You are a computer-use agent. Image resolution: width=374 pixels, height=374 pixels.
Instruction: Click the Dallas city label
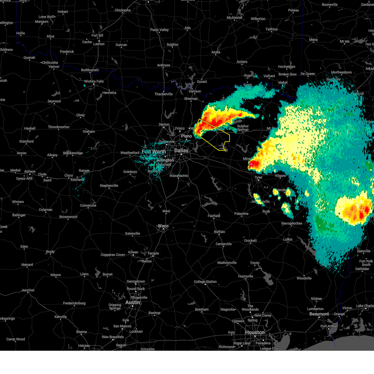point(181,151)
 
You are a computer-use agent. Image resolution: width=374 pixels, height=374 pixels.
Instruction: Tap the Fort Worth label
point(154,152)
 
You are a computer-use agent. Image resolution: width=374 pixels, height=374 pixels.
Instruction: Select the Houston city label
point(255,333)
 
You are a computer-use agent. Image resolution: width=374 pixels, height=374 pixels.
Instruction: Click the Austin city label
point(132,303)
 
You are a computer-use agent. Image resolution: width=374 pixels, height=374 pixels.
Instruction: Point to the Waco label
point(163,226)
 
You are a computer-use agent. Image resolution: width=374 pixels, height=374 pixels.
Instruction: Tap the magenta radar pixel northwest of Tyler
point(251,163)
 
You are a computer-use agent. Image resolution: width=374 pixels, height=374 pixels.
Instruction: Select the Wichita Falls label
point(94,81)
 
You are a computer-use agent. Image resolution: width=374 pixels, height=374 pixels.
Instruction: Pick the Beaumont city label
point(319,314)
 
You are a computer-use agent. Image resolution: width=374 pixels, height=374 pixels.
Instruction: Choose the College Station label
point(205,282)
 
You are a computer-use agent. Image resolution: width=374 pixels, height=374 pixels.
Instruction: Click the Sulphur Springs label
point(243,128)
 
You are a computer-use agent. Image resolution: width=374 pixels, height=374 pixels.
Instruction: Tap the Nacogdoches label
point(292,223)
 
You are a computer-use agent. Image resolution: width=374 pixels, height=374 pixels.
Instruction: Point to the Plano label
point(186,136)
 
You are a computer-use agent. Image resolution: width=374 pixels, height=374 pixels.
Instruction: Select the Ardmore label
point(164,65)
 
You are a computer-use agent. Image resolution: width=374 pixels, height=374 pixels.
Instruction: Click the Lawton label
point(99,44)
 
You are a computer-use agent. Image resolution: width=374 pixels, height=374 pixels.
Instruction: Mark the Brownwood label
point(68,217)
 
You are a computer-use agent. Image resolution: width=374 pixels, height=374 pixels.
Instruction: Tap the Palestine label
point(241,214)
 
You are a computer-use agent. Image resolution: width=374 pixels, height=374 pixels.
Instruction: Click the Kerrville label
point(60,317)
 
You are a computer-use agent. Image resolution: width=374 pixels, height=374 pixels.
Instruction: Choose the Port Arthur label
point(329,326)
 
